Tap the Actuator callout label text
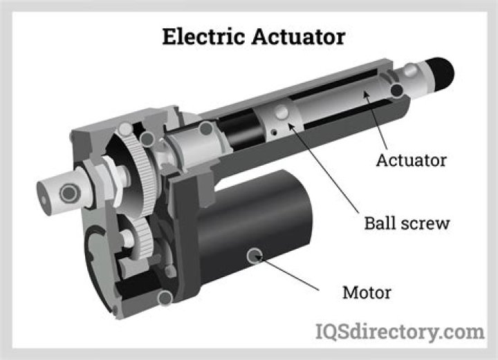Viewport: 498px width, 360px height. tap(411, 161)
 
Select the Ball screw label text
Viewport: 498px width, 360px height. tap(407, 224)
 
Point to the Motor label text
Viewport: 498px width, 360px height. tap(367, 292)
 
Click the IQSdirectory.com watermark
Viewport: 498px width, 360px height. tap(400, 332)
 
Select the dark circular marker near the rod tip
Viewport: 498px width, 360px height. tap(396, 91)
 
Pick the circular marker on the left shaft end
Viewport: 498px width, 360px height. tap(68, 192)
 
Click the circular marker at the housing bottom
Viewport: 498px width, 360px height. tap(165, 298)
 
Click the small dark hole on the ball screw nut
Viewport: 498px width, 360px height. tap(274, 131)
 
